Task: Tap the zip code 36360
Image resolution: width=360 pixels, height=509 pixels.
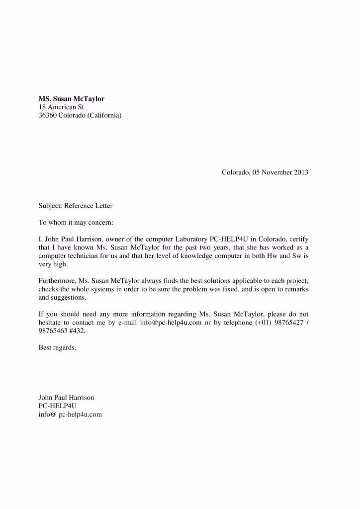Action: tap(48, 116)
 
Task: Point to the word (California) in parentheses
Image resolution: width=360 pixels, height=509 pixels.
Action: tap(104, 116)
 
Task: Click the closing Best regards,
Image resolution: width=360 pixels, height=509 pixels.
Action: tap(58, 347)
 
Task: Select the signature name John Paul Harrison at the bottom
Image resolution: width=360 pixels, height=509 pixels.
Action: tap(66, 398)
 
